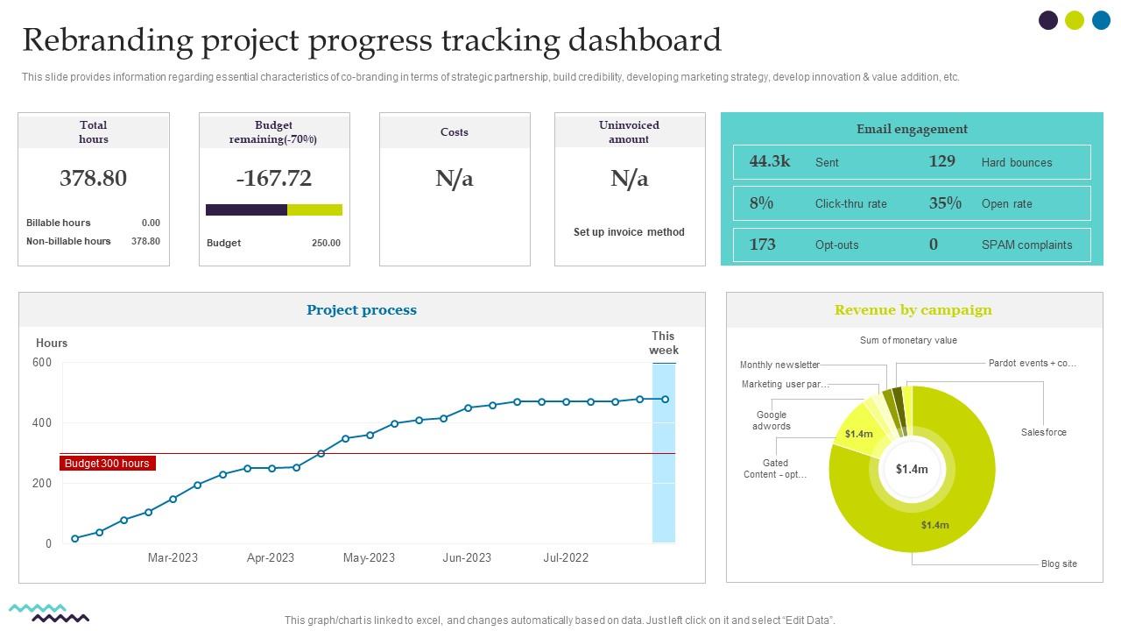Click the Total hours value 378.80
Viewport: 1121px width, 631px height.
[x=93, y=178]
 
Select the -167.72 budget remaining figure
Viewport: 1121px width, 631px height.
[x=273, y=178]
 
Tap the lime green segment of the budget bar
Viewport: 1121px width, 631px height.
[x=314, y=210]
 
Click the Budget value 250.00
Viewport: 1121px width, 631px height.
[x=326, y=243]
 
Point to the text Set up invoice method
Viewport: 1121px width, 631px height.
[x=629, y=232]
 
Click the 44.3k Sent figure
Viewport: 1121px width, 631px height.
[x=770, y=161]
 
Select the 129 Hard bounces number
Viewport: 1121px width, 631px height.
[x=941, y=161]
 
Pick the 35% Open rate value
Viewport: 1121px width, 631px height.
[x=945, y=203]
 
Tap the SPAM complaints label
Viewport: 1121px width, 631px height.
[x=1026, y=245]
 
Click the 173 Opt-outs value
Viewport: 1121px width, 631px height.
[x=763, y=245]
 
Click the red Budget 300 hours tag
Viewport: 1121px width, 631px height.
[x=107, y=464]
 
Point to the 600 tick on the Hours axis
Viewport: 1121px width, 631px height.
[x=42, y=363]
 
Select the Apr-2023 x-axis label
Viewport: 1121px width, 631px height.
[x=271, y=557]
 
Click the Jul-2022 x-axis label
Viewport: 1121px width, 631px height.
[x=566, y=557]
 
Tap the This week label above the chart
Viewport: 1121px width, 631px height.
[x=663, y=343]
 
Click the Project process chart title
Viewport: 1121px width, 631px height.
[x=362, y=310]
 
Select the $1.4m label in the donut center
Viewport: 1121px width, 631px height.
[x=912, y=469]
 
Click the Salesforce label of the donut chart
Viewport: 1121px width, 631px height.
[x=1043, y=432]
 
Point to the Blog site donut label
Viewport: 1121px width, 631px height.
[x=1059, y=564]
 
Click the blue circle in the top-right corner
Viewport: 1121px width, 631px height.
[x=1101, y=20]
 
